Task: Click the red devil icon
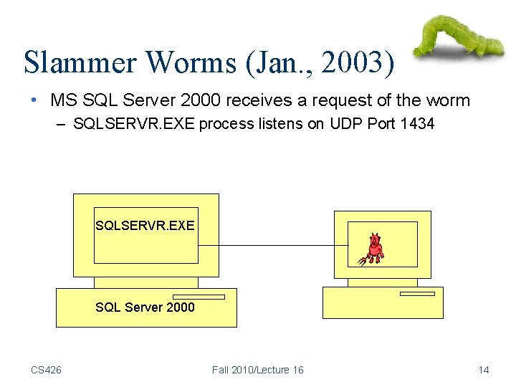point(373,249)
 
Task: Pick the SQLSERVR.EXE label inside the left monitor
point(145,225)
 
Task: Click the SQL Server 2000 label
point(145,307)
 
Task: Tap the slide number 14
point(484,370)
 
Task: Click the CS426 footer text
point(46,370)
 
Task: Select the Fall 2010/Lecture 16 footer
point(257,370)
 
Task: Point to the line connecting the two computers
point(272,246)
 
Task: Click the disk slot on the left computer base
point(199,296)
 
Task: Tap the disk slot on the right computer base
point(417,293)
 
